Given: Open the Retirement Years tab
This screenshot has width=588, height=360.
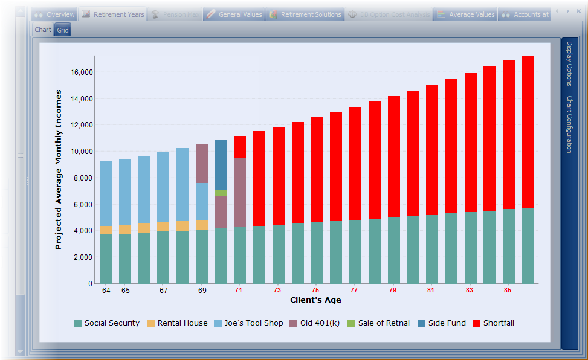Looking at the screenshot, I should coord(112,14).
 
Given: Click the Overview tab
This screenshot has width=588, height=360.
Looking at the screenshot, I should coord(54,14).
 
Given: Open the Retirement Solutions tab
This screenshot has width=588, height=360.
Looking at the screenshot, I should coord(305,14).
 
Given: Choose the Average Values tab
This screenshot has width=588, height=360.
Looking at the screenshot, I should coord(466,14).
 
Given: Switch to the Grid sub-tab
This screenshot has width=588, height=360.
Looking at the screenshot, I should coord(63,30).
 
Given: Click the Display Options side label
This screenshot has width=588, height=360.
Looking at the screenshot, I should coord(569,64).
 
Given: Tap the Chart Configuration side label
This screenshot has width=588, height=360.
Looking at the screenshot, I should coord(569,124).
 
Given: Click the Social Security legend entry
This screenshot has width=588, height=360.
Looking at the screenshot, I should coord(106,323).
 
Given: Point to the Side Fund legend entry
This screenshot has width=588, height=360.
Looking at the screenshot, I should coord(441,323).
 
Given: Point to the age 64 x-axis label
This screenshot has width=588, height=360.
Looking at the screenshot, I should coord(106,291).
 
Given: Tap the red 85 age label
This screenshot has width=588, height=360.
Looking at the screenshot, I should coord(508,291).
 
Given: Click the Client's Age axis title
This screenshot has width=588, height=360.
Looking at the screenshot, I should coord(315,300).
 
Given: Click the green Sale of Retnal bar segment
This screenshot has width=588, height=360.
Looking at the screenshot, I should coord(221,193).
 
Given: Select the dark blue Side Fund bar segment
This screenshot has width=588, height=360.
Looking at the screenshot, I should coord(221,164).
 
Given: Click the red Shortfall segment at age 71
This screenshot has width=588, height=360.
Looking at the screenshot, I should coord(240,146).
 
